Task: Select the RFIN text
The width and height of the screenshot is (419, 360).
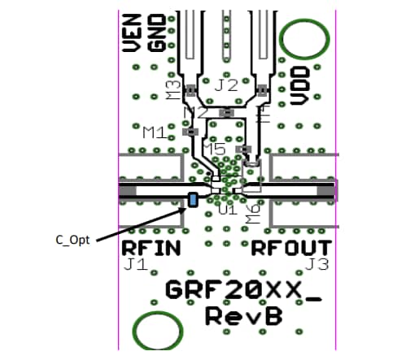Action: (x=151, y=247)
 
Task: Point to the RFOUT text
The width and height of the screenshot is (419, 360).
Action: (x=291, y=247)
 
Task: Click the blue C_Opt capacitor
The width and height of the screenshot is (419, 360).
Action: (x=194, y=199)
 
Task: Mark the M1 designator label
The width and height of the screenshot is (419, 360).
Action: (x=156, y=132)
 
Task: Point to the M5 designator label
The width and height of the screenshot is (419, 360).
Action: (x=215, y=150)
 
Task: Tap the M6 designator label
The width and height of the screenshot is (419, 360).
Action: (x=254, y=213)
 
